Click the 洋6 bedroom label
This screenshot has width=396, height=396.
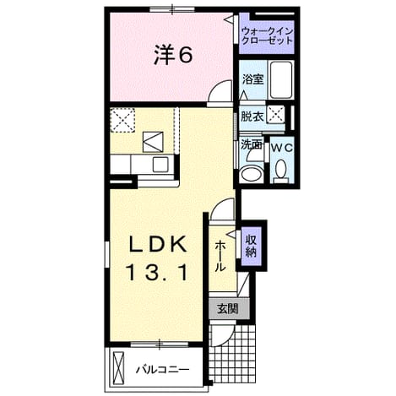pos(173,55)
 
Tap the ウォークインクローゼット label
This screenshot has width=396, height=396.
pos(267,35)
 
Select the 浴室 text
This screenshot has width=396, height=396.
pos(253,79)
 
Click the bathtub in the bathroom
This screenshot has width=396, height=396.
pos(281,79)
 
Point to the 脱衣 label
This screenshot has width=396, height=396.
pos(252,117)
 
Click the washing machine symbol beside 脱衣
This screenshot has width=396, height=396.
pos(275,114)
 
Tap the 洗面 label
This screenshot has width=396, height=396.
pos(251,145)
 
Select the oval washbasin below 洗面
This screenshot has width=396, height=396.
pos(251,172)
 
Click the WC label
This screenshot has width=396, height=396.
pos(282,148)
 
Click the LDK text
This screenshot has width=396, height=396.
pos(158,245)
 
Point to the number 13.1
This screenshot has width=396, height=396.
pos(157,273)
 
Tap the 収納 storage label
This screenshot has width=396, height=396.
pos(251,246)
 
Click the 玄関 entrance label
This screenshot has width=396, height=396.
pos(228,309)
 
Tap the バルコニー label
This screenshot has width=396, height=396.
pos(163,369)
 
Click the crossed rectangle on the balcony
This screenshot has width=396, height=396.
pos(118,366)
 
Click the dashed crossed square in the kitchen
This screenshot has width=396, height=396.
pos(122,120)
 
